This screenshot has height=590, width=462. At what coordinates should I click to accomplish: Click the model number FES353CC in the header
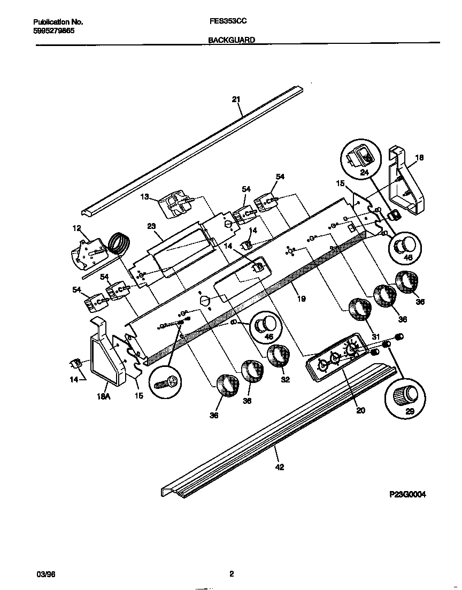tap(224, 22)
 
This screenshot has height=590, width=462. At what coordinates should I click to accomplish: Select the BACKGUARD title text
tap(231, 40)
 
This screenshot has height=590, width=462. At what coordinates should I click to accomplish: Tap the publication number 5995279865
tap(53, 31)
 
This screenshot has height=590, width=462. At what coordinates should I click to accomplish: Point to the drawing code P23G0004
tap(407, 494)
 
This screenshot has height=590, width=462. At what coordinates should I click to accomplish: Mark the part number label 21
tap(236, 98)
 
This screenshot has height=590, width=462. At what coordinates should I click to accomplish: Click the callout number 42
tap(279, 467)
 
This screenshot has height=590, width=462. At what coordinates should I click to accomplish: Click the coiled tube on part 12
tap(119, 244)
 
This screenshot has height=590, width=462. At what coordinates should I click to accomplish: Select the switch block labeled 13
tap(176, 205)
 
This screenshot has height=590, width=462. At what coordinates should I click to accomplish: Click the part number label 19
tap(301, 299)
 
